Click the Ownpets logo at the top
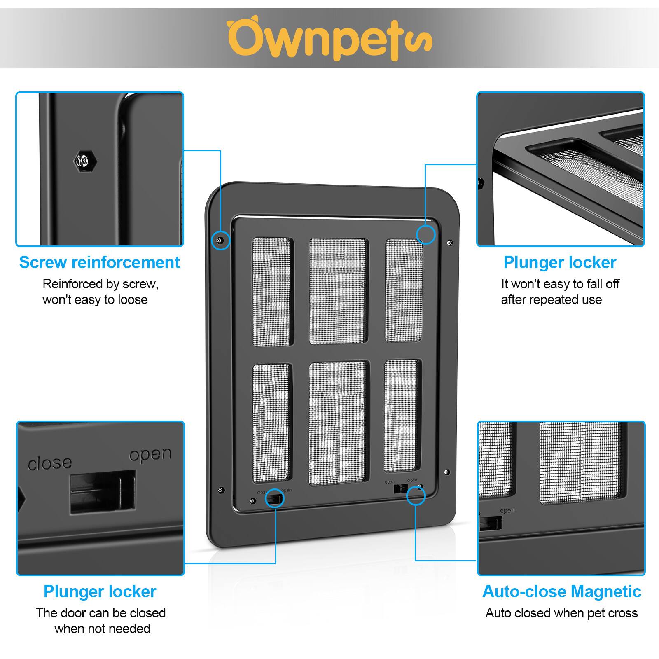point(329,39)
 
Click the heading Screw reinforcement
point(100,262)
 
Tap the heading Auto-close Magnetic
point(561,591)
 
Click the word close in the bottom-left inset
point(49,463)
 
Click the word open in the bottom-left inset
point(150,455)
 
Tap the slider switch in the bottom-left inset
point(103,491)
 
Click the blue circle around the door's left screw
point(221,240)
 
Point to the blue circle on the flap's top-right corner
point(425,234)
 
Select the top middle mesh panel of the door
point(338,291)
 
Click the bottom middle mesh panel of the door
point(337,423)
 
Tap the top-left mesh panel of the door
point(271,292)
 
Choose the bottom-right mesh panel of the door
point(402,416)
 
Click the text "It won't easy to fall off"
point(560,284)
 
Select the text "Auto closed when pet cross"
point(561,613)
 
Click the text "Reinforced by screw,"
point(100,284)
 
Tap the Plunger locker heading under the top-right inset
point(560,262)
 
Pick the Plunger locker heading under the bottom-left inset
point(100,591)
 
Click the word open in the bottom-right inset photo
point(507,511)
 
